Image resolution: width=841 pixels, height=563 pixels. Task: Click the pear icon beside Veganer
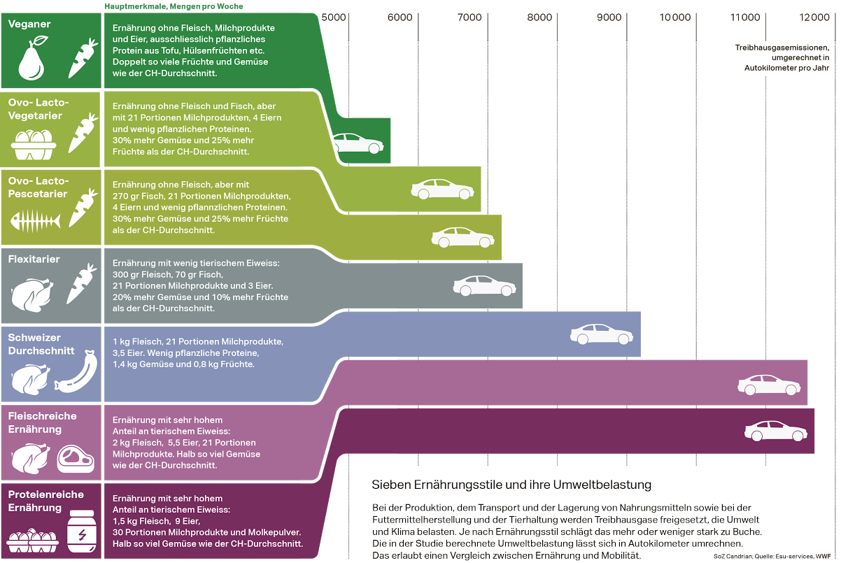click(x=31, y=60)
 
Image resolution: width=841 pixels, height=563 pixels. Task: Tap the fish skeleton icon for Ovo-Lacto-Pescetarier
click(x=34, y=222)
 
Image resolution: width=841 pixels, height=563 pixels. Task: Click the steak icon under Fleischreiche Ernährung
click(x=75, y=458)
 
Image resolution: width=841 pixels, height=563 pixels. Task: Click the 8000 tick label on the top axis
click(x=539, y=17)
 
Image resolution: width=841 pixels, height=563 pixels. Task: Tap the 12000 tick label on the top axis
click(x=814, y=17)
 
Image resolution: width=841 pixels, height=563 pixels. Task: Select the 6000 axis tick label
click(x=401, y=17)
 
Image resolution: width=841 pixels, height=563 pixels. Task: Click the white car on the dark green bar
click(x=358, y=143)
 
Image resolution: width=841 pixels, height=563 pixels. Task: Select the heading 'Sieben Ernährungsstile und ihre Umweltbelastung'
click(x=511, y=485)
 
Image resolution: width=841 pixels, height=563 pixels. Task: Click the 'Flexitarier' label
click(x=34, y=259)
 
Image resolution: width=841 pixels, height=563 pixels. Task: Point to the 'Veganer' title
click(x=29, y=24)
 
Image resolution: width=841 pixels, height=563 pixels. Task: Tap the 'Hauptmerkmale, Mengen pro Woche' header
click(x=174, y=6)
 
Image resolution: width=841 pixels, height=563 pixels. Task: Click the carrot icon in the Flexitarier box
click(x=81, y=283)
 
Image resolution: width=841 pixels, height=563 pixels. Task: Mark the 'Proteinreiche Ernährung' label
click(x=45, y=501)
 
